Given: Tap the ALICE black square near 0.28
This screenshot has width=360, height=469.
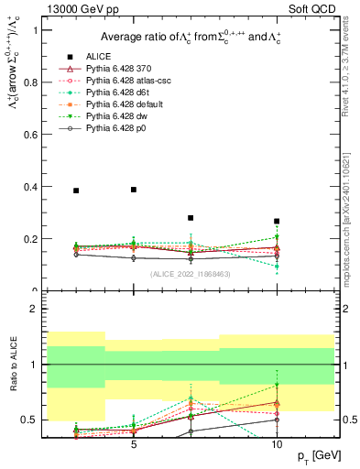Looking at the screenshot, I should coord(191,218).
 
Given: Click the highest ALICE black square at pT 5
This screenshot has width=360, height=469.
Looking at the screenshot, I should coord(134,190).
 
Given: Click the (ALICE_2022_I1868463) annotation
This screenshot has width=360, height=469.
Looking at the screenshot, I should coord(190,273).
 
